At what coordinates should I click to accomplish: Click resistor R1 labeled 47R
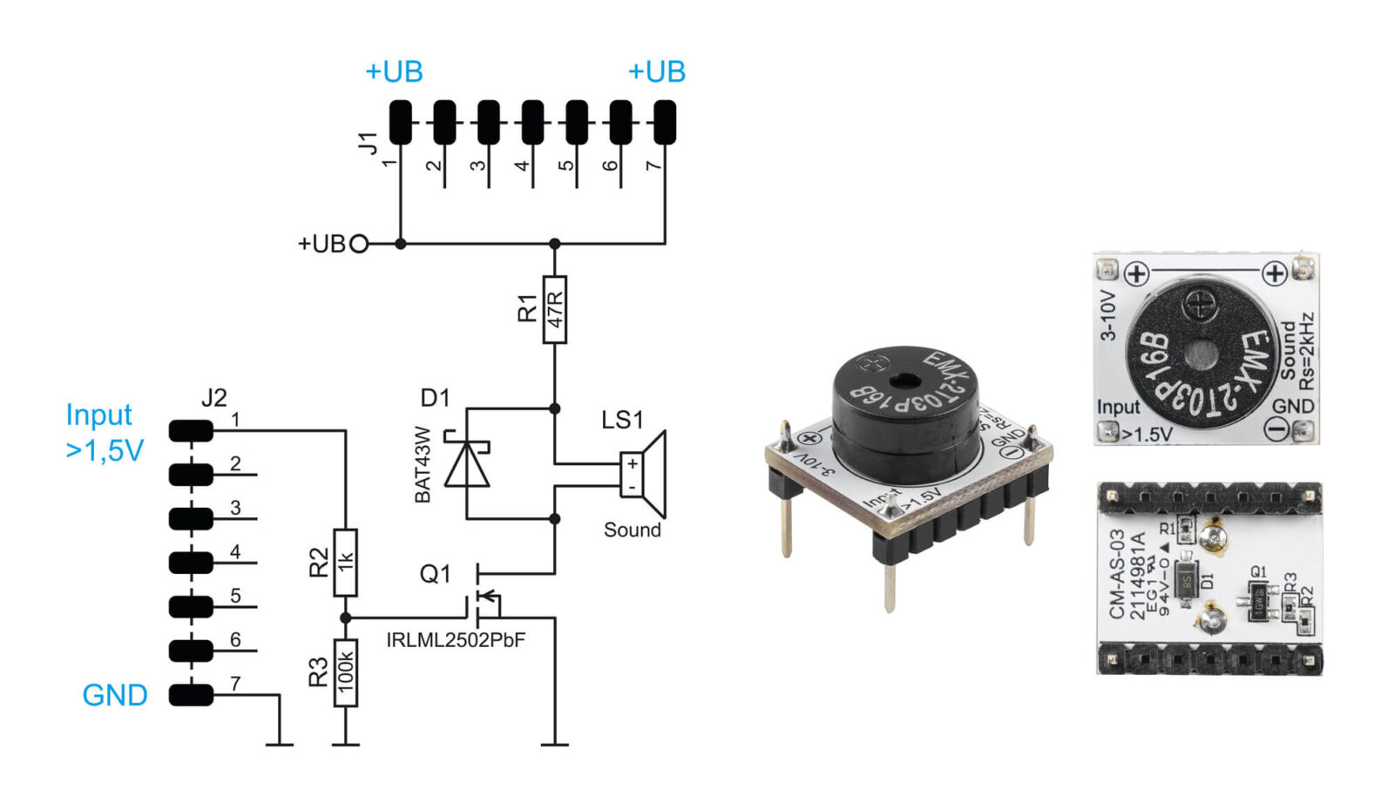click(x=554, y=309)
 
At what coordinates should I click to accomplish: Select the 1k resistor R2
click(x=346, y=562)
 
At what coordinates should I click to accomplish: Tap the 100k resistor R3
click(x=346, y=672)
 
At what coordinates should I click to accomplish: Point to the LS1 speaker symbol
click(x=644, y=475)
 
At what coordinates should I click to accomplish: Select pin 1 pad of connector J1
click(x=400, y=122)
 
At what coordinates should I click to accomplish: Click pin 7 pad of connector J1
click(x=665, y=122)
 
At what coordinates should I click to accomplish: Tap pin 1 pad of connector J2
click(x=191, y=430)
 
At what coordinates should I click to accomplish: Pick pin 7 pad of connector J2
click(x=191, y=694)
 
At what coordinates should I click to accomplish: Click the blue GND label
click(x=114, y=695)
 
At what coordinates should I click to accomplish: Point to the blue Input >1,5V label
click(x=103, y=432)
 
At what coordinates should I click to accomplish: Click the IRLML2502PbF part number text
click(x=456, y=640)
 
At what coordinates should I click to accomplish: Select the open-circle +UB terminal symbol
click(x=358, y=244)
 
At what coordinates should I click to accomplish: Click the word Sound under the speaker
click(x=632, y=530)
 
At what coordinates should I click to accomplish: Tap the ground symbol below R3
click(x=346, y=745)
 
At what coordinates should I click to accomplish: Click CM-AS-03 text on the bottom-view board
click(x=1117, y=574)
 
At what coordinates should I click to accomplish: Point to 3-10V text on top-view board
click(x=1107, y=315)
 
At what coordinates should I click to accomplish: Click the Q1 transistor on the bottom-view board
click(x=1259, y=598)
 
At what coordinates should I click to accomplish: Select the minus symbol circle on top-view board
click(x=1276, y=429)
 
